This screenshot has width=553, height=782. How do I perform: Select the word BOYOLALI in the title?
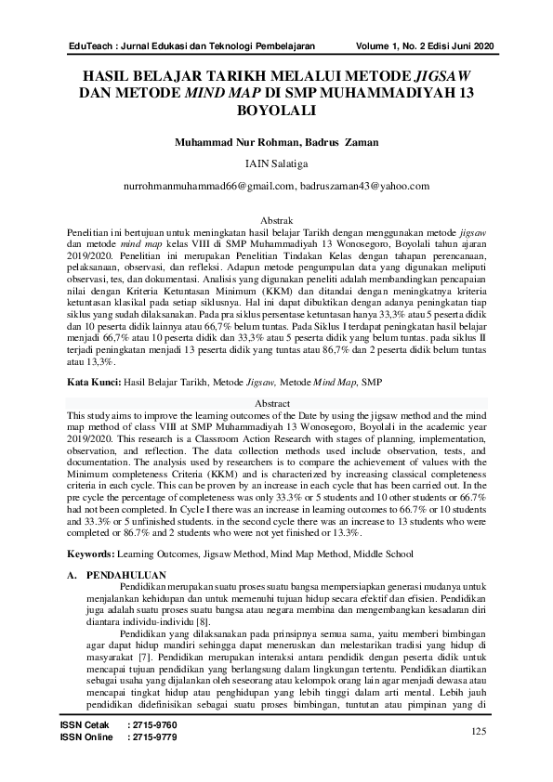tap(276, 111)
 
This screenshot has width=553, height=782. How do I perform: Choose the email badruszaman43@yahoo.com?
tap(365, 186)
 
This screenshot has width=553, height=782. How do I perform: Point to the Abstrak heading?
tap(276, 219)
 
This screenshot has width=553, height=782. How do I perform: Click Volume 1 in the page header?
tap(382, 46)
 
